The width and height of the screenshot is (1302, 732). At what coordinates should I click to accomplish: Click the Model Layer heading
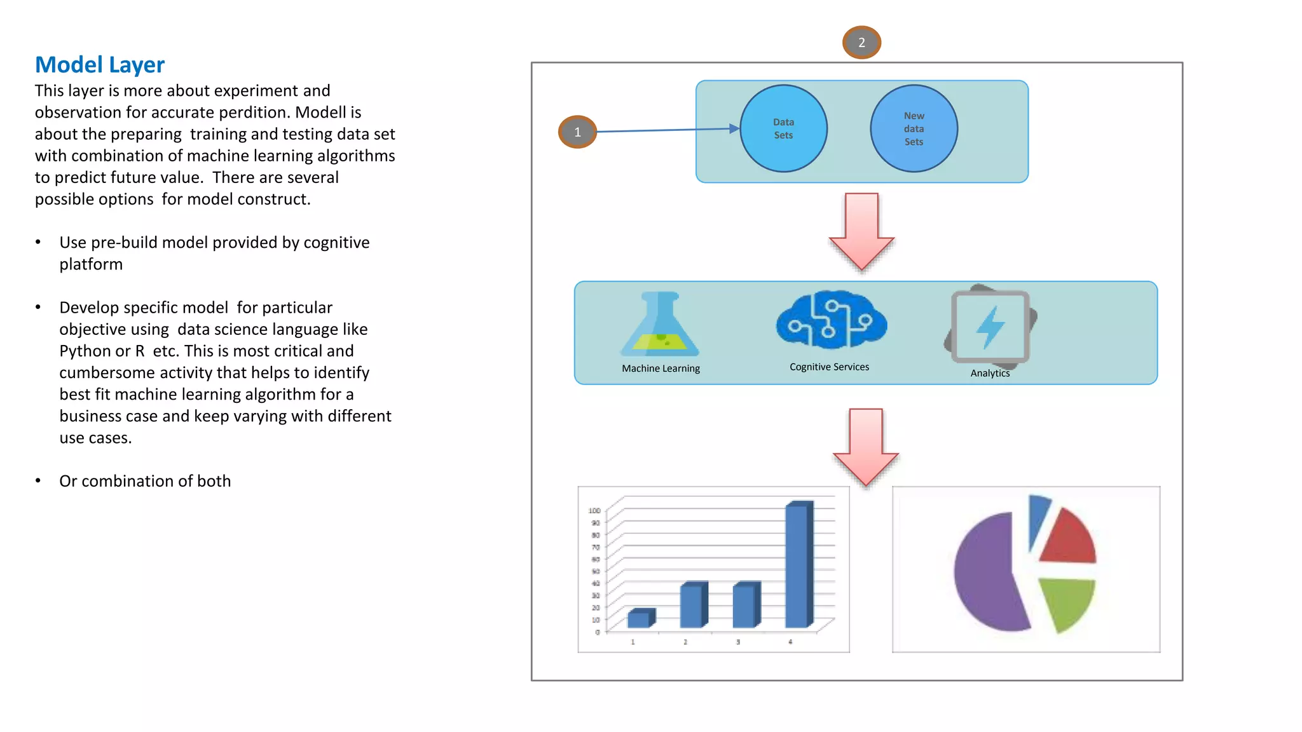(x=100, y=65)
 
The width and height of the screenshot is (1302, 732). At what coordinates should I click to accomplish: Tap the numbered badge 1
(x=577, y=132)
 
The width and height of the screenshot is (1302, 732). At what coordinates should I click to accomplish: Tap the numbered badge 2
(x=861, y=43)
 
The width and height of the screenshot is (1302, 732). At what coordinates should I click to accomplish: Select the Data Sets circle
(x=783, y=128)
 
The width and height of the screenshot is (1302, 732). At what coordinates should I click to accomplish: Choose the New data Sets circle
(x=914, y=128)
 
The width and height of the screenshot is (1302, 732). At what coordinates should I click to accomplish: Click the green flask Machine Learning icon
(x=661, y=325)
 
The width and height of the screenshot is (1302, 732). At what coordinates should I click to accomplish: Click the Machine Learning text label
(x=661, y=369)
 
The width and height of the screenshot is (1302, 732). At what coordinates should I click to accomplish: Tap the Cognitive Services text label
(x=829, y=367)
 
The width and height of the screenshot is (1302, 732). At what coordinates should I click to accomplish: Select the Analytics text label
(x=990, y=373)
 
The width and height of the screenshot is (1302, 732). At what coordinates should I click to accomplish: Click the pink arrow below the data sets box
(x=861, y=231)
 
